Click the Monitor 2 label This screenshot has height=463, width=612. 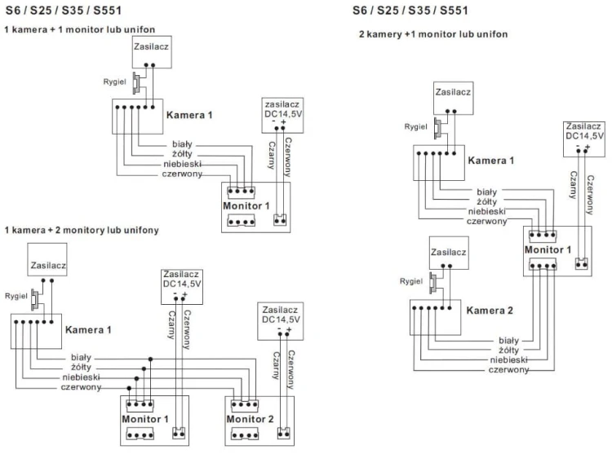click(x=250, y=419)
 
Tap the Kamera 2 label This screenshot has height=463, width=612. click(x=490, y=311)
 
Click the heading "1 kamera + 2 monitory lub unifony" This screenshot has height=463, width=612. click(x=82, y=230)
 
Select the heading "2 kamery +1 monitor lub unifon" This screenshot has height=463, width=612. click(x=433, y=34)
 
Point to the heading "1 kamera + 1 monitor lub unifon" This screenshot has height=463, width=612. click(x=80, y=29)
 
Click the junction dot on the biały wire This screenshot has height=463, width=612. click(x=150, y=359)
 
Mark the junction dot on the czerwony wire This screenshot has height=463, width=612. click(x=129, y=388)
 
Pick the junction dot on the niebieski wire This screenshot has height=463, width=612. click(x=136, y=378)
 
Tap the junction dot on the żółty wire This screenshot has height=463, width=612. click(x=144, y=368)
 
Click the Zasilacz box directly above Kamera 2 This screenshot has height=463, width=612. click(x=449, y=253)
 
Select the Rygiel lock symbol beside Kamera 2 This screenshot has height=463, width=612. click(x=432, y=282)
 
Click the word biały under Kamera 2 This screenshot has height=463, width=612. click(x=508, y=341)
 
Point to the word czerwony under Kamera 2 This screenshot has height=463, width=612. click(x=508, y=369)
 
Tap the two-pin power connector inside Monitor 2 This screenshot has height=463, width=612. click(x=283, y=433)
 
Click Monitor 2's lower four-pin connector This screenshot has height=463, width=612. click(x=244, y=434)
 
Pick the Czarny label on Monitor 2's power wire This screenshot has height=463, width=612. click(x=277, y=365)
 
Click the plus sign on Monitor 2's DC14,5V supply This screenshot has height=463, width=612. click(x=288, y=330)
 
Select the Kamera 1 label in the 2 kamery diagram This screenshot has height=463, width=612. click(x=491, y=161)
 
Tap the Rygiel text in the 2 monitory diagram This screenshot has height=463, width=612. click(x=16, y=296)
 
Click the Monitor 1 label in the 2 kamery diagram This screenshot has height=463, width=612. click(x=548, y=249)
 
